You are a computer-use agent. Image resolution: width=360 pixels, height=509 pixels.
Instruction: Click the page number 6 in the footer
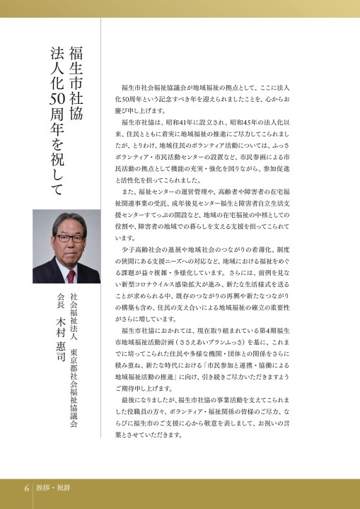26,488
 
